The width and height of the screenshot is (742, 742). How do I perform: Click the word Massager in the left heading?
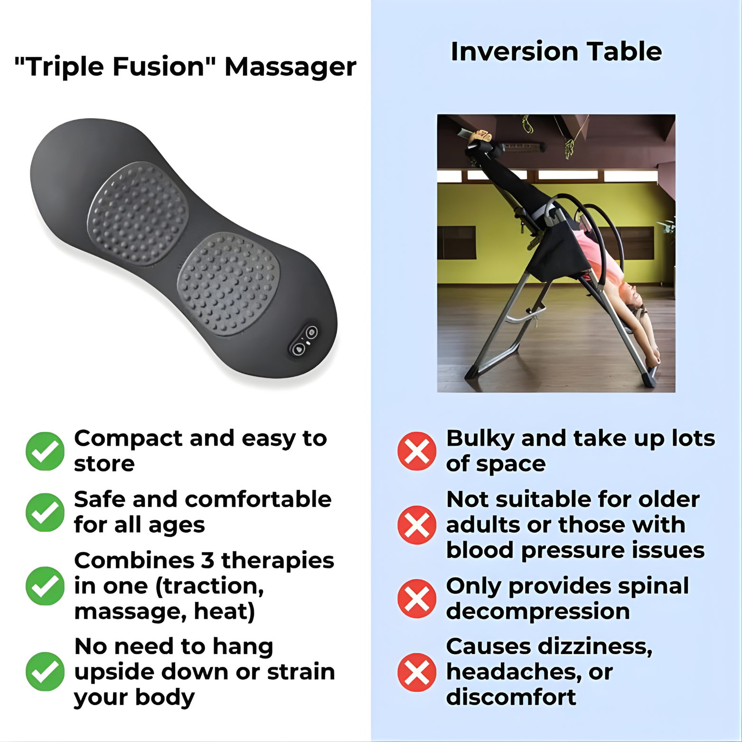(290, 67)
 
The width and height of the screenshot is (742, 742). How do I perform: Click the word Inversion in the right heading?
(514, 51)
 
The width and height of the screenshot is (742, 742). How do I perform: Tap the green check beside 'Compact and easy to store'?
(45, 451)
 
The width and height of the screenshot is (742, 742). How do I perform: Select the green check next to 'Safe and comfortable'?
(45, 512)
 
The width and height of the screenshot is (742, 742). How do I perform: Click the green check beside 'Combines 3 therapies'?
(45, 586)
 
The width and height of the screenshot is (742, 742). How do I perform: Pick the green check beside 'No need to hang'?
(45, 671)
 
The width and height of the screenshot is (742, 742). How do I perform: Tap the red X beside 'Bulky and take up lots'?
(417, 451)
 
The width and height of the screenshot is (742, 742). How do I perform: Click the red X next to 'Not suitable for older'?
(417, 525)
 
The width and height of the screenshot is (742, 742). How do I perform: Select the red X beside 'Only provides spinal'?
(417, 598)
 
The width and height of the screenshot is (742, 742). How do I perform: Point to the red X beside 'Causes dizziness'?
(417, 672)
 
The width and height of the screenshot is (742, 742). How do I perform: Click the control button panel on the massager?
(304, 341)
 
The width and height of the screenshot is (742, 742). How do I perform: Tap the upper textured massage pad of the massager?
(138, 214)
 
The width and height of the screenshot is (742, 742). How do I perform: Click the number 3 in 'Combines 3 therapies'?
(207, 561)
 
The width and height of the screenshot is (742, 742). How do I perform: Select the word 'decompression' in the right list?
(538, 611)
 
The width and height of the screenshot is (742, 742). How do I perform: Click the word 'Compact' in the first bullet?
(128, 439)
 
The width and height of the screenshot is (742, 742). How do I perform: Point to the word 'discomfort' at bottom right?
(511, 697)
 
